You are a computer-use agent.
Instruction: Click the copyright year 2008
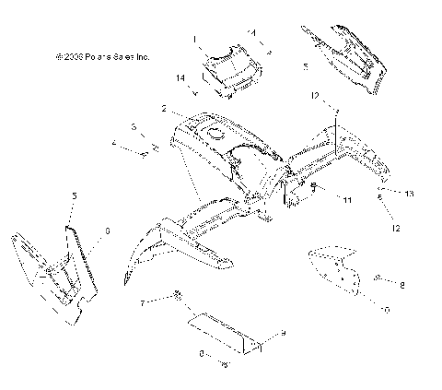coord(75,56)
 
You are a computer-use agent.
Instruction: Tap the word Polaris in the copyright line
coord(103,56)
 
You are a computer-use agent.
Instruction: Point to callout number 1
coord(195,40)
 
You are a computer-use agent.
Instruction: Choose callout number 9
coord(284,332)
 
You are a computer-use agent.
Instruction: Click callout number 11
coord(346,199)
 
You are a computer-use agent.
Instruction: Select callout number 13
coord(410,193)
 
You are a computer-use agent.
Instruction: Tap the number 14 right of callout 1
coord(250,33)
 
